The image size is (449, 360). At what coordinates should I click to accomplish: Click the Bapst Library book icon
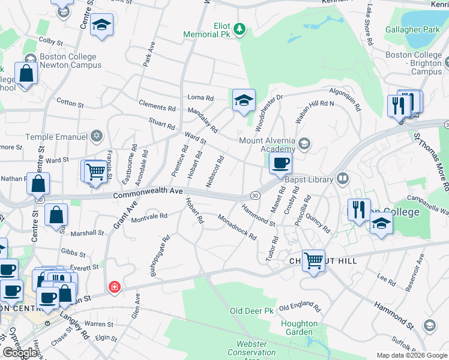pyautogui.click(x=343, y=178)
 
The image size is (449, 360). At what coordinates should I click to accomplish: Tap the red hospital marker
pyautogui.click(x=114, y=288)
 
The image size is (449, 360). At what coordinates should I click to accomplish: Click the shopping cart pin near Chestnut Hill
pyautogui.click(x=313, y=261)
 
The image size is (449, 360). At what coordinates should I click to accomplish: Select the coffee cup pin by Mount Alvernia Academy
pyautogui.click(x=280, y=163)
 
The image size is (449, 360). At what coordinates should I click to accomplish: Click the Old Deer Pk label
pyautogui.click(x=252, y=311)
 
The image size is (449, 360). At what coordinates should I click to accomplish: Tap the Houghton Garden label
pyautogui.click(x=299, y=327)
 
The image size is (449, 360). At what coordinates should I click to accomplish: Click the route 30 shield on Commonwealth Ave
pyautogui.click(x=254, y=196)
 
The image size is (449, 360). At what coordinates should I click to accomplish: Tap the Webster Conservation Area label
pyautogui.click(x=252, y=348)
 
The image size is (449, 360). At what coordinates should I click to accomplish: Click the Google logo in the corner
pyautogui.click(x=20, y=353)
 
